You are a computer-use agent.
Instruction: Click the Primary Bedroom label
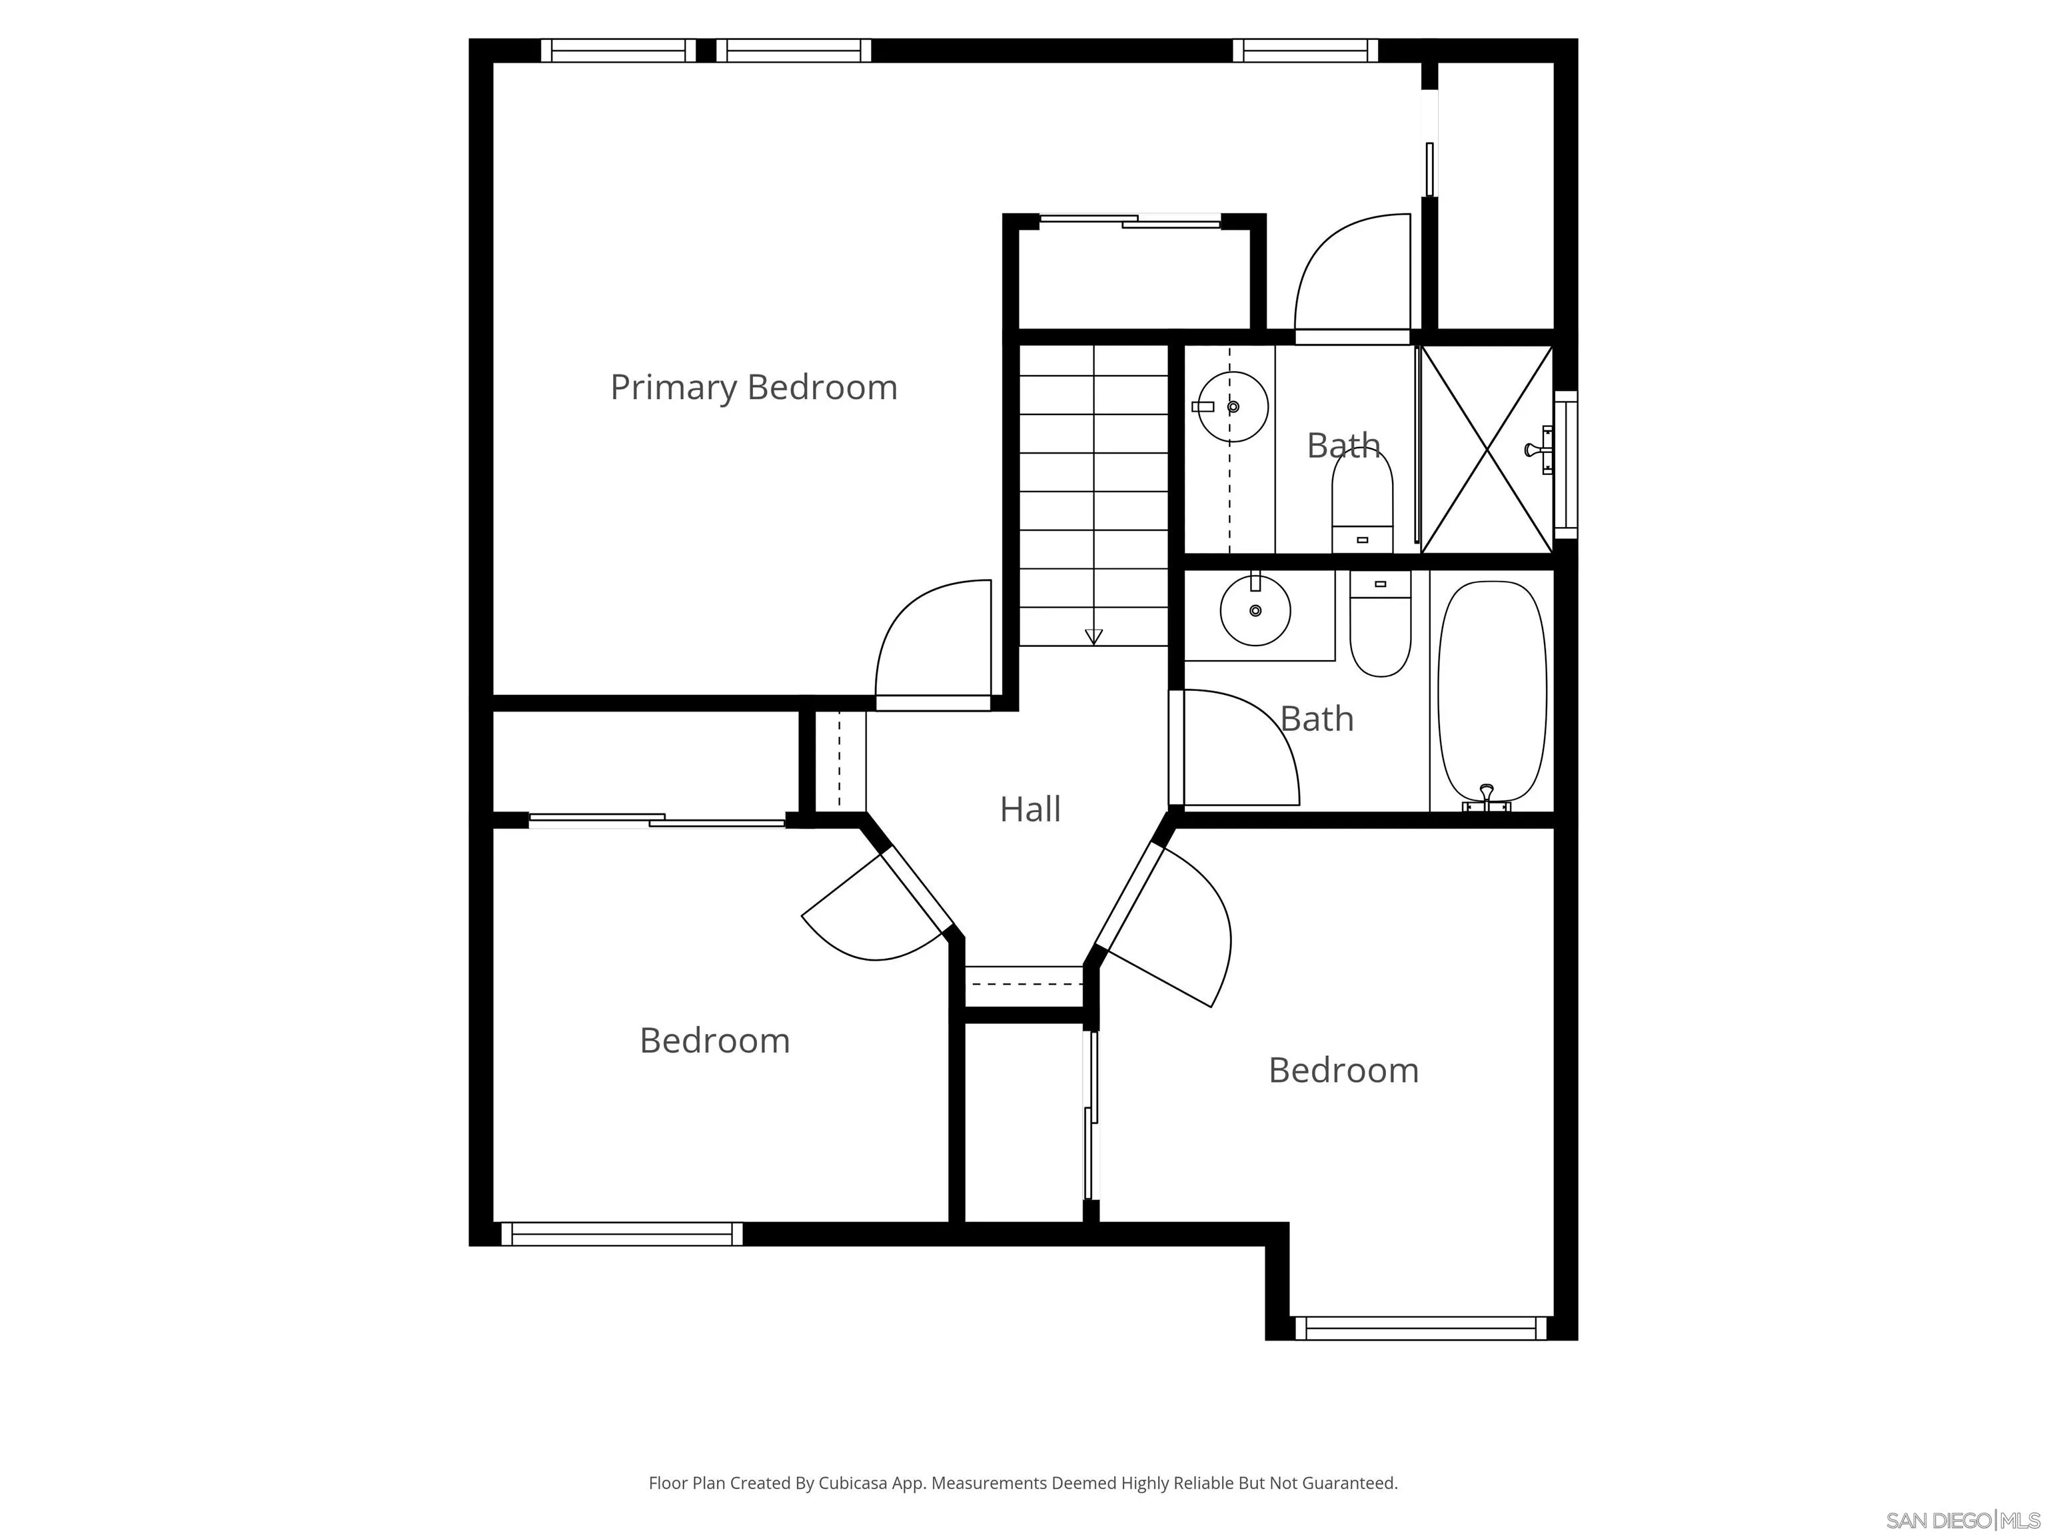[753, 388]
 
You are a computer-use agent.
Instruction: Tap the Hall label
[1030, 809]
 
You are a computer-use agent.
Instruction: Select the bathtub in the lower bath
[1492, 692]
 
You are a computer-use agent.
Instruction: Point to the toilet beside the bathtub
[1380, 623]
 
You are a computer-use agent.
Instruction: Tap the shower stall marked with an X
[1486, 450]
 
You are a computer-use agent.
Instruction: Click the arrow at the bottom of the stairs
[1094, 636]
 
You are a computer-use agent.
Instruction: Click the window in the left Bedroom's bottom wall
[622, 1235]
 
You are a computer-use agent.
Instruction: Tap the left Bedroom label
[714, 1041]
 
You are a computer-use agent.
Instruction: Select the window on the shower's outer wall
[1566, 464]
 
